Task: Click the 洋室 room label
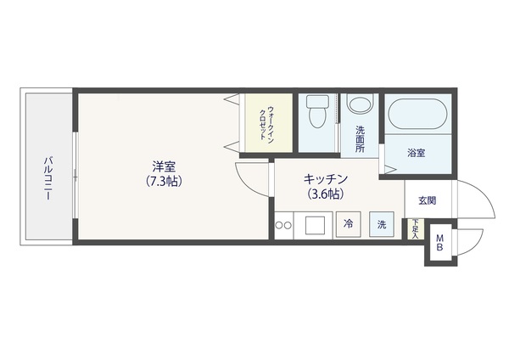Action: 165,166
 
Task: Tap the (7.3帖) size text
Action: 164,181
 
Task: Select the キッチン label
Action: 326,179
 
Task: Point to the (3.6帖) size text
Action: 326,194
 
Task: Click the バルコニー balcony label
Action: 48,178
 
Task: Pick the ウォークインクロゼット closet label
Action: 266,123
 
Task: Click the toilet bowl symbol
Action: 317,111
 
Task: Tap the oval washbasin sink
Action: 360,103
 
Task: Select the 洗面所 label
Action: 360,139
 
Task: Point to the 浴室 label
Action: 417,153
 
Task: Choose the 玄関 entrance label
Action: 427,200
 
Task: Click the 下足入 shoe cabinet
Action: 415,228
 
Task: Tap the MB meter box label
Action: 439,243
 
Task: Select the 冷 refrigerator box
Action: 349,224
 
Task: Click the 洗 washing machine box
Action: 382,224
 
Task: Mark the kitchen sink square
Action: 315,225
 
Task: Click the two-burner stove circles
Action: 283,225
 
